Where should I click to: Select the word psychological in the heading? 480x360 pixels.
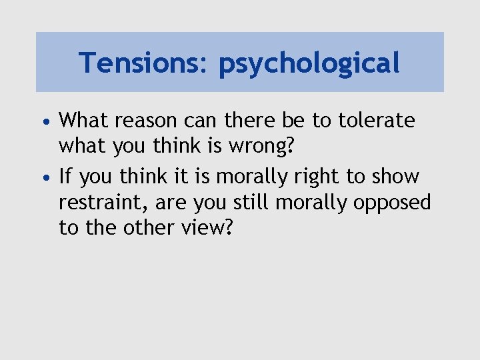(x=309, y=64)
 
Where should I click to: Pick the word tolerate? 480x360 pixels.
(x=377, y=121)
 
